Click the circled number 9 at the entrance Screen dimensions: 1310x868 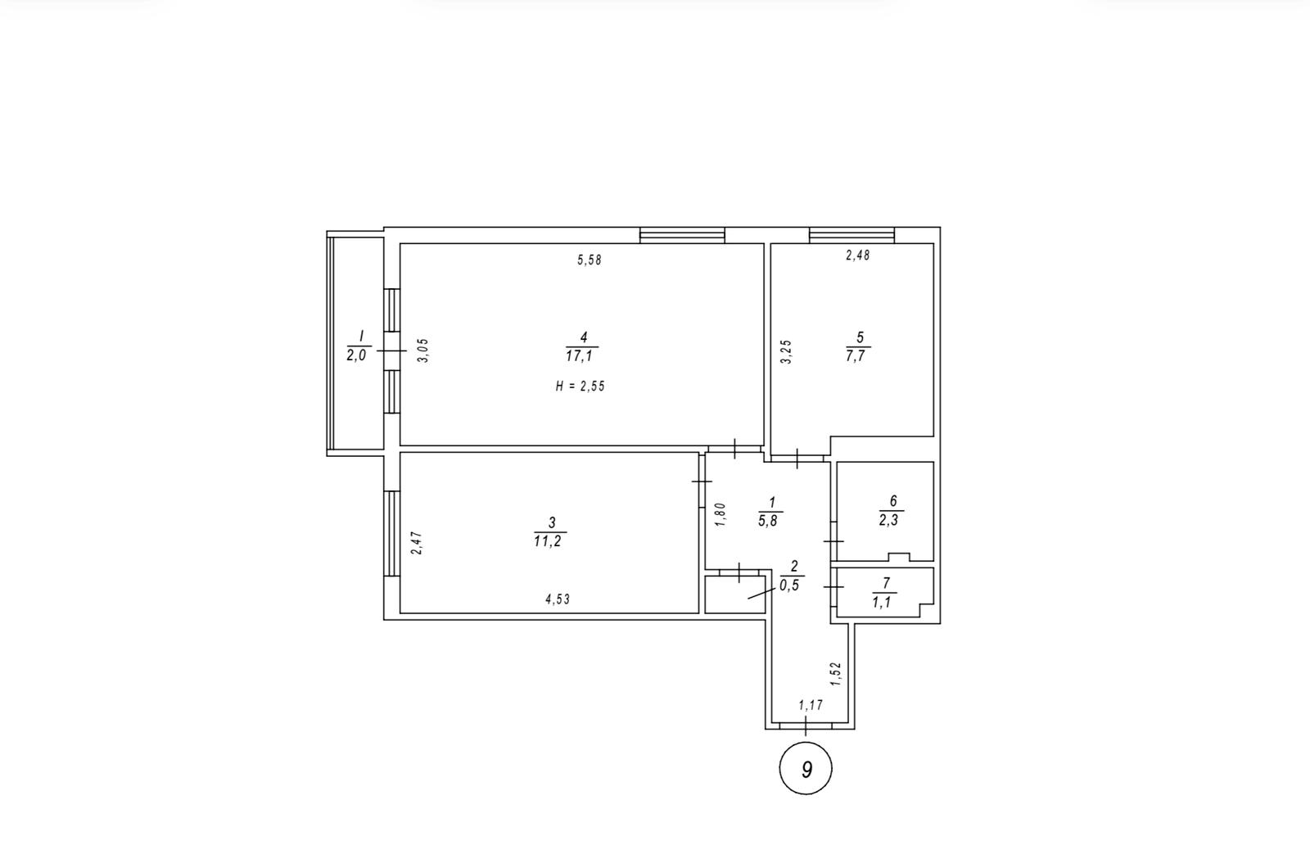(x=806, y=769)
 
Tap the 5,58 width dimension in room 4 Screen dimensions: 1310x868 (x=589, y=260)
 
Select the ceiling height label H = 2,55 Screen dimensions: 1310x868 (x=580, y=386)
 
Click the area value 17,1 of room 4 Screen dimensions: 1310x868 (x=582, y=356)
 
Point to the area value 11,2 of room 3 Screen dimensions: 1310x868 (x=548, y=541)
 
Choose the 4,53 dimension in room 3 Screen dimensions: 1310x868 (x=558, y=599)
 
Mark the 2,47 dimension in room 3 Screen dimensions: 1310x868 (x=417, y=543)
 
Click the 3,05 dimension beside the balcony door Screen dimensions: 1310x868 (x=422, y=350)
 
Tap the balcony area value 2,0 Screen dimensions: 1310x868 (x=356, y=355)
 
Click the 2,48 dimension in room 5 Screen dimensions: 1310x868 (x=858, y=255)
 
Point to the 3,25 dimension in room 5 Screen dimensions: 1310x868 (x=787, y=352)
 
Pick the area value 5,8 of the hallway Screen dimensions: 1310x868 (x=768, y=521)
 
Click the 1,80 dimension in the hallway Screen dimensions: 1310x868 (x=720, y=515)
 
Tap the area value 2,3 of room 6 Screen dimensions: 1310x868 (x=889, y=520)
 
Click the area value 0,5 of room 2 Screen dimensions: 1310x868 (x=789, y=585)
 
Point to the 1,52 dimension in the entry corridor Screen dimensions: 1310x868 (x=835, y=674)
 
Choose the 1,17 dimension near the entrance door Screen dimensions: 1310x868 (x=811, y=705)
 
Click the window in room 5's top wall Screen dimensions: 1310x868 (x=852, y=235)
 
